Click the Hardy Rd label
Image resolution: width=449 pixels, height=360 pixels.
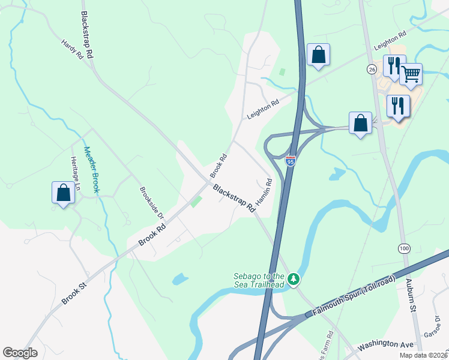[72, 50]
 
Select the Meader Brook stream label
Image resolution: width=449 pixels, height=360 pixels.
[91, 169]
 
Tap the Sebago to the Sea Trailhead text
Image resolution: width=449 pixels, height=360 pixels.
[259, 280]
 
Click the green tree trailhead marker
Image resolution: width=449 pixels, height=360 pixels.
[294, 279]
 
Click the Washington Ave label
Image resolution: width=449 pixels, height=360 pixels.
[386, 344]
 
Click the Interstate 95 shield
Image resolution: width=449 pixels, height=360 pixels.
[291, 161]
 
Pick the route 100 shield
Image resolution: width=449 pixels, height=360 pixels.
[403, 248]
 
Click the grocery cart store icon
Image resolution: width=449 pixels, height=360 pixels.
[411, 74]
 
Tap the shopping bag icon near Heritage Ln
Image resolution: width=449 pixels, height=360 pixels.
[63, 193]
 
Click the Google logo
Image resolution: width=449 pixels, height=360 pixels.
[20, 353]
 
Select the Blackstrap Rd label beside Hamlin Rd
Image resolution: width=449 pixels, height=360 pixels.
[234, 197]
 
